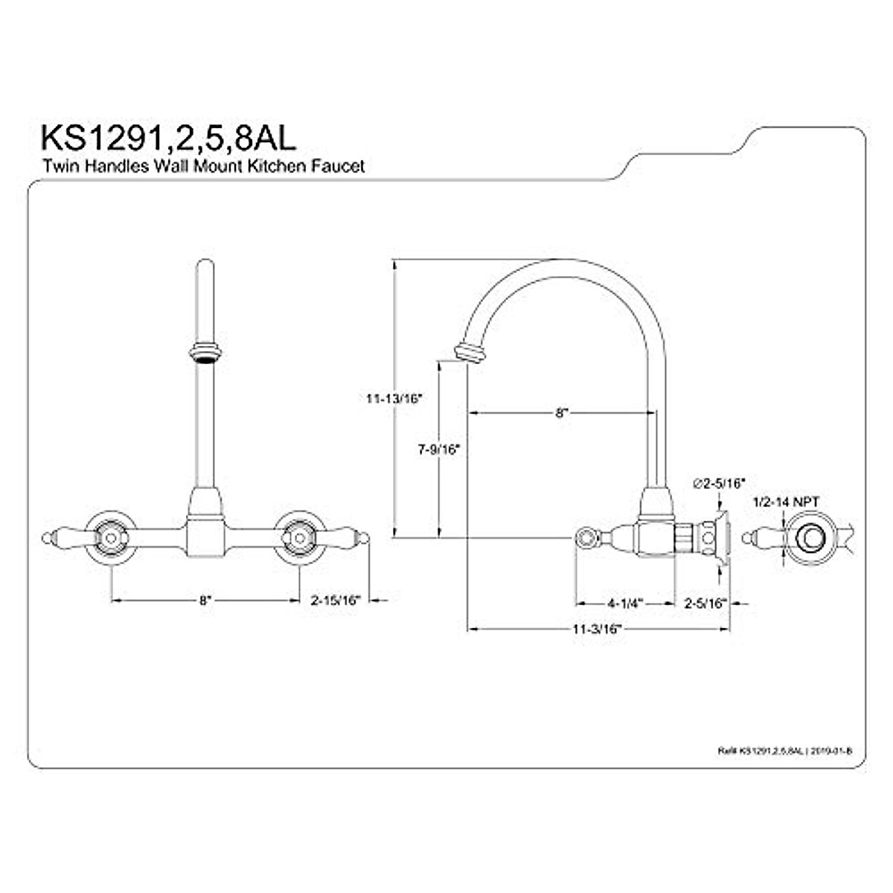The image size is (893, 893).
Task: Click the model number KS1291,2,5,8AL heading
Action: click(x=167, y=138)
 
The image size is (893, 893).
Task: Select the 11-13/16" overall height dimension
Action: click(x=394, y=398)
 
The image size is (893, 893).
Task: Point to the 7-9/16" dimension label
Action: click(x=438, y=449)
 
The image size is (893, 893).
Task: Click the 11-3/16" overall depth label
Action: click(x=597, y=629)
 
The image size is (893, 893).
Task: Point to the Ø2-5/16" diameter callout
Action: click(x=719, y=484)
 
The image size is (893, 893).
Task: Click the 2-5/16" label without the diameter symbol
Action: click(x=705, y=603)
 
